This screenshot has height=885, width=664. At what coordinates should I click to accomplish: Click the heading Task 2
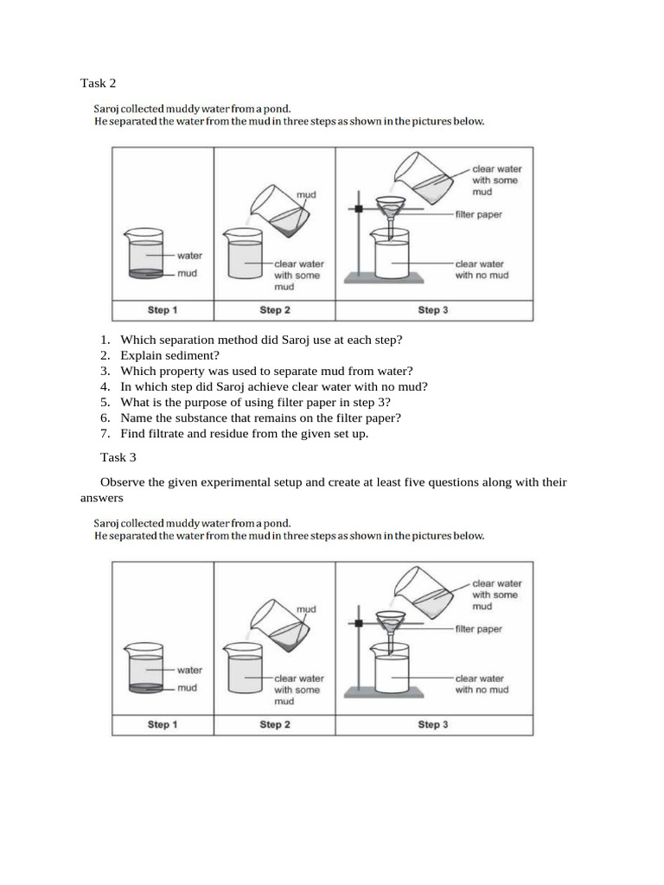98,83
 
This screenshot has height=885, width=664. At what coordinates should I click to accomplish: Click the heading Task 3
118,456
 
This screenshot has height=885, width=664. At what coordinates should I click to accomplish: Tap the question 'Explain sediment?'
169,354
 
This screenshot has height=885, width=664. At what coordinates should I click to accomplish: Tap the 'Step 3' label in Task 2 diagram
432,309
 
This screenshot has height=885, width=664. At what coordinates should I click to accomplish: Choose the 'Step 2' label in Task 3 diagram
275,724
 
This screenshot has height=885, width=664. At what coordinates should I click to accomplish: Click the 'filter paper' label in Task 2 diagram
478,214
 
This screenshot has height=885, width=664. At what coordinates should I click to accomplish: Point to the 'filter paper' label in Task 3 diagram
478,629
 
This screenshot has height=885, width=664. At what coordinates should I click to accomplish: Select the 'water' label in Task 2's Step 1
188,256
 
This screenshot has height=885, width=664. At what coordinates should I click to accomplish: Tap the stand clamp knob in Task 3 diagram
357,622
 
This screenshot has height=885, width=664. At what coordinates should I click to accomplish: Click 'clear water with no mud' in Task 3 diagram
482,684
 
